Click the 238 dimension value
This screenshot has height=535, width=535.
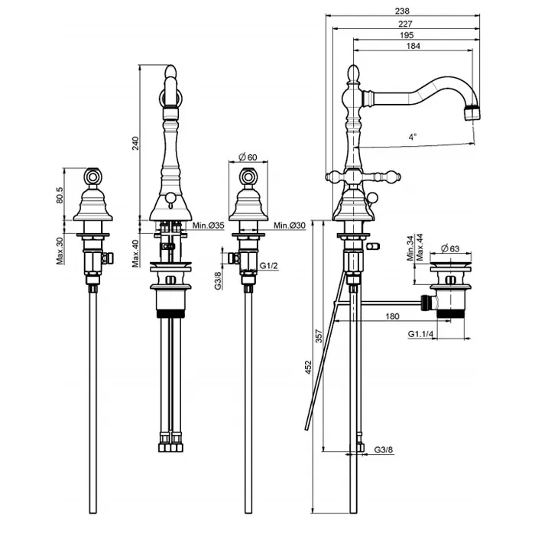pos(402,11)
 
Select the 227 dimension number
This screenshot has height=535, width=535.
pos(405,24)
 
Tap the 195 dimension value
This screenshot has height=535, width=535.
pos(407,35)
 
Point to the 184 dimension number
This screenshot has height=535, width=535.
pos(413,46)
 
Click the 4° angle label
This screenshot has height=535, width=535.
pos(413,137)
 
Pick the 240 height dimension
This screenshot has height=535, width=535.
pos(136,144)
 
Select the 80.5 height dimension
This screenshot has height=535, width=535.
pos(60,195)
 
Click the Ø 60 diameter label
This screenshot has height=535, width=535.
pos(248,157)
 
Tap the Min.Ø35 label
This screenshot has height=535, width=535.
pos(208,225)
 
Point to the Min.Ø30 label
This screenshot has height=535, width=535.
pos(290,225)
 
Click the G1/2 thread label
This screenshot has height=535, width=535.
pos(269,266)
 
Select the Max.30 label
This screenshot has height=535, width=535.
pos(60,251)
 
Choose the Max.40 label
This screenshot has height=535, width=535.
pos(136,254)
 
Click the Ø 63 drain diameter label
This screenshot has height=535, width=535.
pos(450,248)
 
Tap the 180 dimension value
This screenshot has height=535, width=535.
pos(392,316)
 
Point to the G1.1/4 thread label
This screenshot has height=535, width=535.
pos(420,334)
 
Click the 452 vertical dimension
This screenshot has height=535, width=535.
pos(309,367)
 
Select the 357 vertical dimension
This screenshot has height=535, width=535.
pos(319,336)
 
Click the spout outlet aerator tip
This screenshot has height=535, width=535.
pos(472,113)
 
